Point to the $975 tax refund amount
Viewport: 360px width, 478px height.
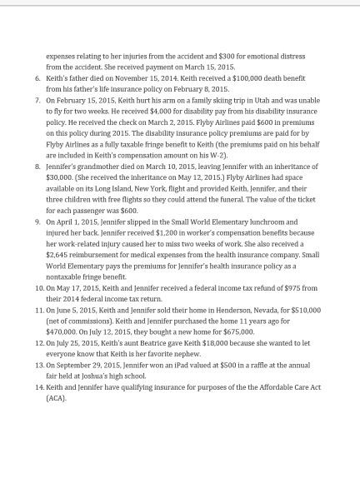(282, 287)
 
